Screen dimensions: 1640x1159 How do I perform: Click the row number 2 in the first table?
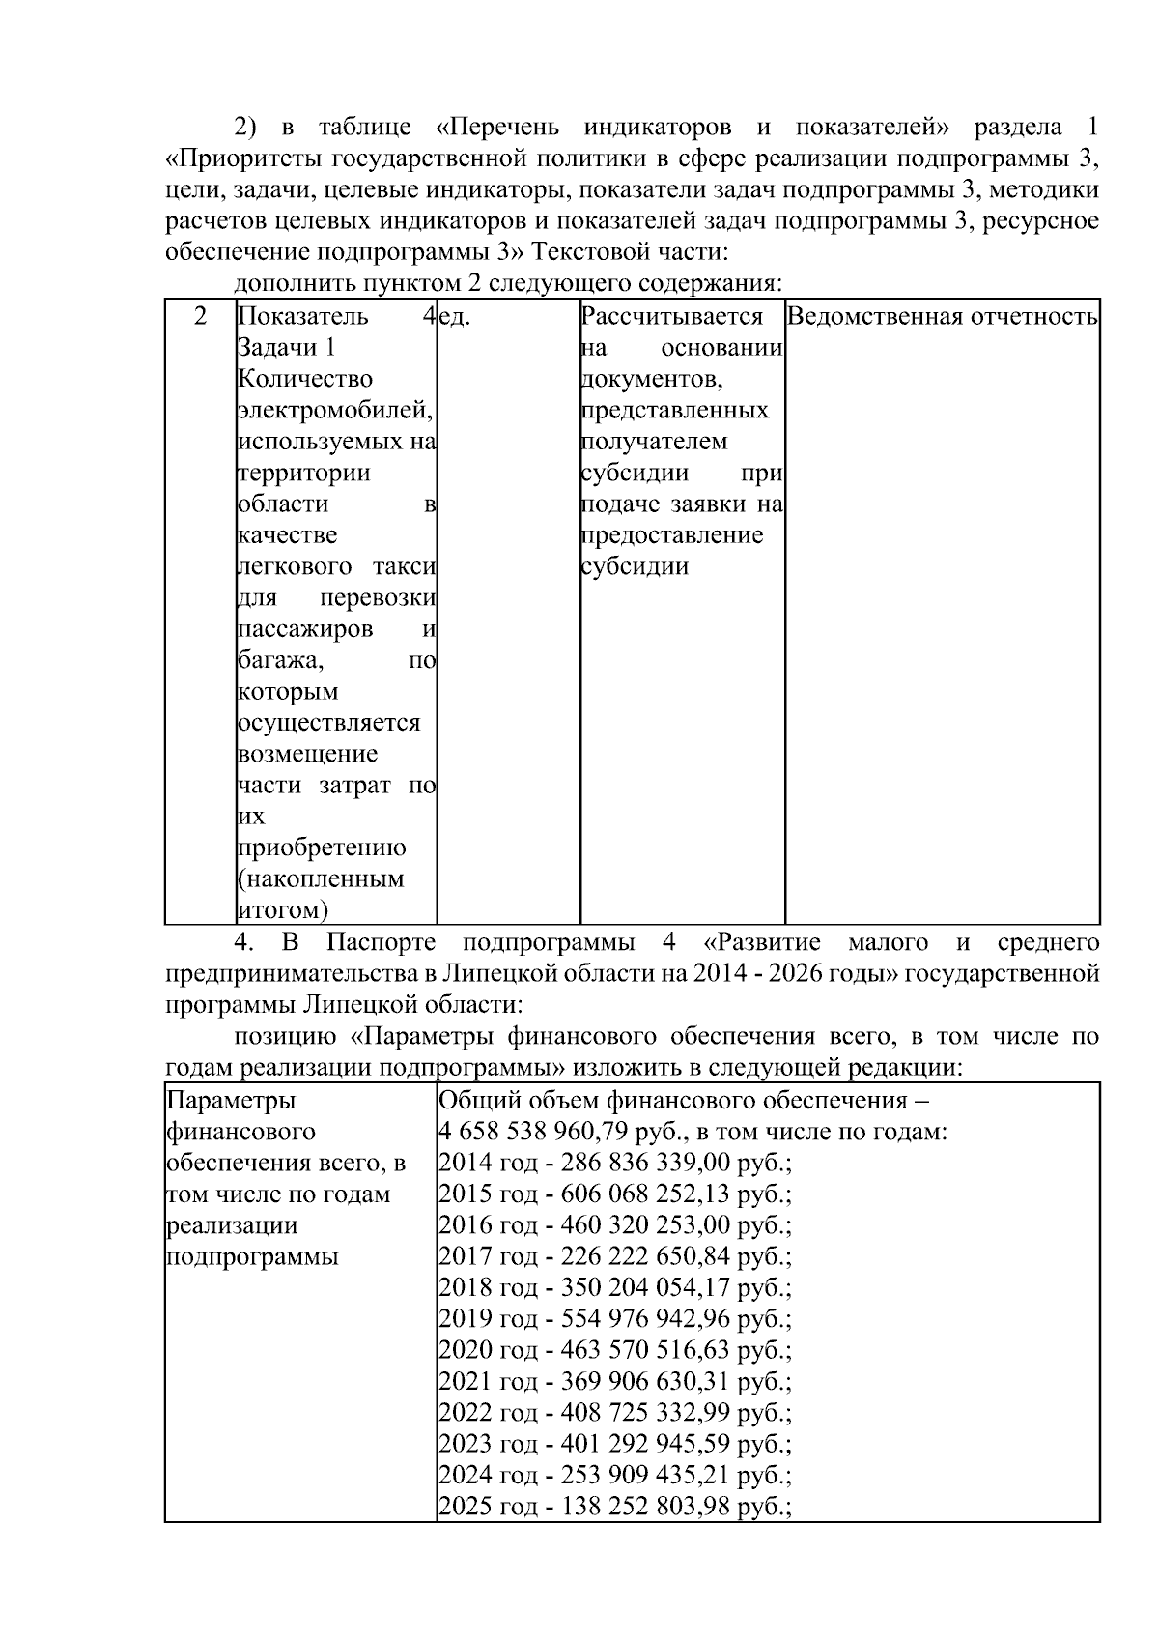click(x=200, y=317)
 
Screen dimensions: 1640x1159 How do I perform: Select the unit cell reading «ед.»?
click(x=454, y=317)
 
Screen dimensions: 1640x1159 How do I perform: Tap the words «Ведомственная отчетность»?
click(x=942, y=317)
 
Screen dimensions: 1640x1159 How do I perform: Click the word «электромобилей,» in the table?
click(x=334, y=411)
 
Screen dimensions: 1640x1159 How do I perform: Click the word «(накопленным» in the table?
click(x=321, y=879)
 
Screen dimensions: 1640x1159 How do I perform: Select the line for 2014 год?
click(x=614, y=1163)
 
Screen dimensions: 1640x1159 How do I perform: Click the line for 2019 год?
click(x=614, y=1319)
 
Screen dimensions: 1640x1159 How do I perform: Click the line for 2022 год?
click(x=614, y=1413)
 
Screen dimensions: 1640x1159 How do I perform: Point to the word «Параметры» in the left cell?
click(x=232, y=1101)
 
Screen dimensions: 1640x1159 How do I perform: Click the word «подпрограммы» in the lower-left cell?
click(x=252, y=1257)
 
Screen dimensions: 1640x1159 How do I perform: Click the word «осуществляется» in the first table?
click(x=328, y=723)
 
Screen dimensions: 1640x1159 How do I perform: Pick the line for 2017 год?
click(x=614, y=1256)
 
